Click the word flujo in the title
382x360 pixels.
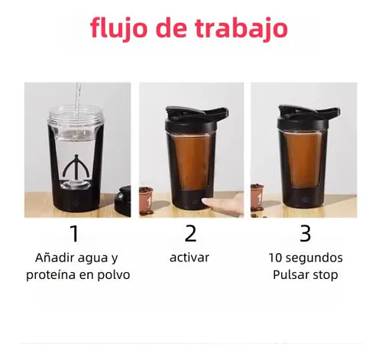click(x=118, y=29)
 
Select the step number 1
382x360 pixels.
click(x=75, y=233)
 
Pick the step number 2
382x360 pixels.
click(x=190, y=233)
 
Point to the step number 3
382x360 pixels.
click(x=305, y=233)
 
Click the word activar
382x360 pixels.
click(x=189, y=258)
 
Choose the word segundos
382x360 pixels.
click(x=314, y=258)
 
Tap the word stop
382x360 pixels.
click(x=325, y=275)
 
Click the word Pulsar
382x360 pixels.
click(x=291, y=274)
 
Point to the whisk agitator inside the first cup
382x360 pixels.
click(x=76, y=166)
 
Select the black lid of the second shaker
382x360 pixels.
click(x=196, y=118)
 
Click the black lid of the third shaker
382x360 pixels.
click(x=309, y=116)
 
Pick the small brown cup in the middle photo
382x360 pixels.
click(x=147, y=199)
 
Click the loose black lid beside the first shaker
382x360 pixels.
click(x=123, y=201)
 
